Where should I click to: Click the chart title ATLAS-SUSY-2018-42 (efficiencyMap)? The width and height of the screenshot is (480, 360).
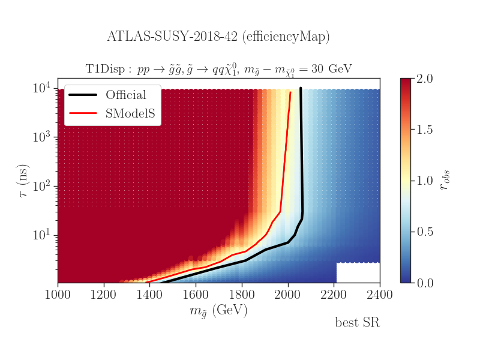[218, 37]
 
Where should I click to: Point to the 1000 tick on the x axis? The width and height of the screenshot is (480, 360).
[58, 295]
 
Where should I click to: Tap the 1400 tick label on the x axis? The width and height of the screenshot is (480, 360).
[150, 295]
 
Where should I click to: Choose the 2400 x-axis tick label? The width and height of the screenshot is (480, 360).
[380, 295]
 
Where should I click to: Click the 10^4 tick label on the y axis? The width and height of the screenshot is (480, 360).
[43, 88]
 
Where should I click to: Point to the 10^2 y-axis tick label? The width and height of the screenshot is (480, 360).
[43, 185]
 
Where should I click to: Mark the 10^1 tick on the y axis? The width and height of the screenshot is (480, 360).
[43, 235]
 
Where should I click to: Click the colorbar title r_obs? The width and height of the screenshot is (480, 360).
[445, 181]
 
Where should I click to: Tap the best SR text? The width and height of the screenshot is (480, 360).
[357, 323]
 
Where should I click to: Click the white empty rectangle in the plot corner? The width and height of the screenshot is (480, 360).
[358, 272]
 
